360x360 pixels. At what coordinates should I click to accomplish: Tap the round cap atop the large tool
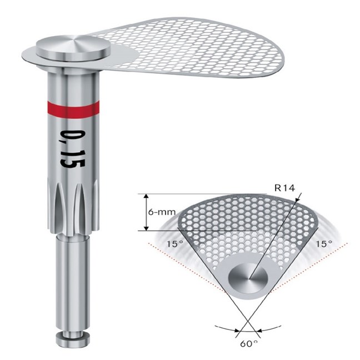click(x=70, y=47)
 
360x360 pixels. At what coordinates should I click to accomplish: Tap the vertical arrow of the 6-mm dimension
click(x=146, y=213)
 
